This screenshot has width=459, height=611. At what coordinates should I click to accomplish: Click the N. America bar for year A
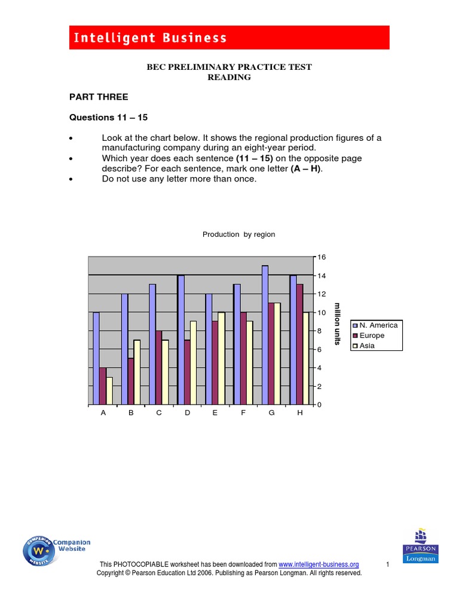[x=96, y=358]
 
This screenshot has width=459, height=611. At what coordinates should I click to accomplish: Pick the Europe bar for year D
[x=186, y=372]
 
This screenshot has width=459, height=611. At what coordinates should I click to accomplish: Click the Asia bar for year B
[x=137, y=372]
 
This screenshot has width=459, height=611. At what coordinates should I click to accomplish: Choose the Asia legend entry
[x=367, y=345]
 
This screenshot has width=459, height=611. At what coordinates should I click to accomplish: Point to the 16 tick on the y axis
[x=322, y=257]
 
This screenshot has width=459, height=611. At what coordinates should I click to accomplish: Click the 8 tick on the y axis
[x=320, y=331]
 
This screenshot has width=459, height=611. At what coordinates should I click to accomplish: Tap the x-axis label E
[x=215, y=413]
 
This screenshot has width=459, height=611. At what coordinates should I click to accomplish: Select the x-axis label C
[x=159, y=413]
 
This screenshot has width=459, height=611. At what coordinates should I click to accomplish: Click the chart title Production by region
[x=238, y=234]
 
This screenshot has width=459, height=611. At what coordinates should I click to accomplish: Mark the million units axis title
[x=338, y=323]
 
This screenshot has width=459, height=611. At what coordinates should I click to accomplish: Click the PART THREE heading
[x=99, y=97]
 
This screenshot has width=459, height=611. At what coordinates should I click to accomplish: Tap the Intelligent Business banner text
[x=150, y=38]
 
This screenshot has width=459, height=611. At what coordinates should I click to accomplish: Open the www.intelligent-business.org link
[x=319, y=564]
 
